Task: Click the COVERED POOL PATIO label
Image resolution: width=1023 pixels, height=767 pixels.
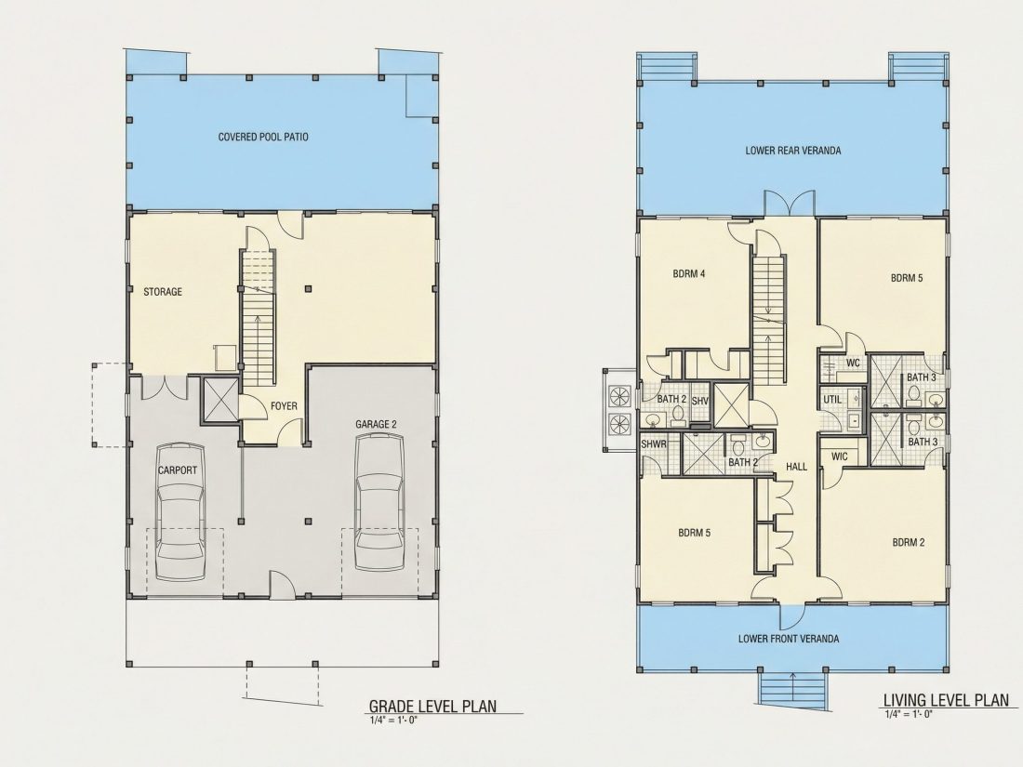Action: pos(263,137)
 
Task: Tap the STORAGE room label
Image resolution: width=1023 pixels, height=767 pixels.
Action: pos(163,292)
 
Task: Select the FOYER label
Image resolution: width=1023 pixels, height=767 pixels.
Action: pos(284,405)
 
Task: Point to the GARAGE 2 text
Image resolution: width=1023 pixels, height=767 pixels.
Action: pos(376,424)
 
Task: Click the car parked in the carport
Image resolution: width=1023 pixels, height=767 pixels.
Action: pos(179,512)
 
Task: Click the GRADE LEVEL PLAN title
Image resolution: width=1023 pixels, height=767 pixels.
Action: pos(433,706)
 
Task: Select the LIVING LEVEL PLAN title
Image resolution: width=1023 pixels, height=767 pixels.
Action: pos(946,700)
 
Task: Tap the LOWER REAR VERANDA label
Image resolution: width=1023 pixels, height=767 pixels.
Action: pos(792,151)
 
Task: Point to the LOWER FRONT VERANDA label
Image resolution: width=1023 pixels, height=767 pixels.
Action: pos(788,639)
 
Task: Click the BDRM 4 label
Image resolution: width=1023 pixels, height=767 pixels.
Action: pos(689,274)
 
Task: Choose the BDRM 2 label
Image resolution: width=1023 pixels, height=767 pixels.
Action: pos(909,542)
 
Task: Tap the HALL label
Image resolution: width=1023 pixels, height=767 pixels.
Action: pos(796,467)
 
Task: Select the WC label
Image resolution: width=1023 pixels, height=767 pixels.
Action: pos(853,363)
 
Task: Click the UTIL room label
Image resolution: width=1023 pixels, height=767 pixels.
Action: pos(831,399)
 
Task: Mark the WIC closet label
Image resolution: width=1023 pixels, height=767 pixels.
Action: pos(840,456)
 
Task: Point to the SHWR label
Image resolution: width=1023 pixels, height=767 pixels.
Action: pos(654,444)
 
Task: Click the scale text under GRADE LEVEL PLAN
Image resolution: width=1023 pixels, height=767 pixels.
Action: pos(392,720)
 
